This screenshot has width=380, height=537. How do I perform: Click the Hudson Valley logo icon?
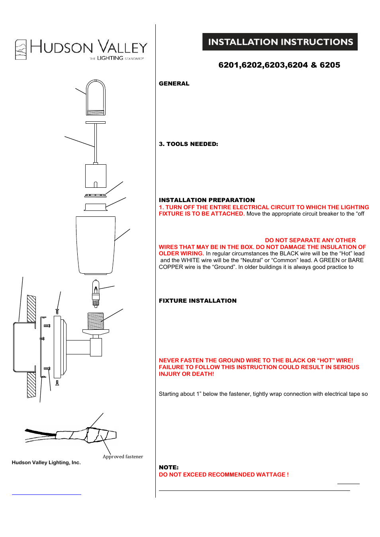click(x=21, y=50)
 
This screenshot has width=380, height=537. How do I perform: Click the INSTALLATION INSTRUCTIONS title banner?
click(x=280, y=42)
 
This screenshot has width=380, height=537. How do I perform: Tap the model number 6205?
click(x=330, y=65)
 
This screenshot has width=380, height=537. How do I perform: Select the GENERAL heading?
click(x=174, y=84)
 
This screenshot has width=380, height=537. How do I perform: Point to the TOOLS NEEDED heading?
click(x=188, y=144)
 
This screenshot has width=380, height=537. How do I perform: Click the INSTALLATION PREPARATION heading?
click(x=207, y=200)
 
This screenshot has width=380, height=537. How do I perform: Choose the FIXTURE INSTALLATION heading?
click(x=198, y=301)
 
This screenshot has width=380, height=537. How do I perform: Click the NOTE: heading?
click(x=168, y=467)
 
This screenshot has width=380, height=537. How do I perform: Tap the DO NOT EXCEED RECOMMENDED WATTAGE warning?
click(x=223, y=475)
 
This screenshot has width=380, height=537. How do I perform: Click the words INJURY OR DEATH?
click(x=186, y=374)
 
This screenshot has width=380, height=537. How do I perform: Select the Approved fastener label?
click(x=123, y=457)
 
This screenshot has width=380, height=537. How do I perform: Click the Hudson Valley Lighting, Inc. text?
click(x=46, y=463)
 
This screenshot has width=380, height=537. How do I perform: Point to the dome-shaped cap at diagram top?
click(x=96, y=97)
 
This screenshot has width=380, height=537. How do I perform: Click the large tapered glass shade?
click(x=96, y=245)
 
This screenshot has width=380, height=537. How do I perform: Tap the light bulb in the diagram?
click(x=96, y=292)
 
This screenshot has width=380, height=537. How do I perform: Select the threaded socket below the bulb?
click(x=96, y=321)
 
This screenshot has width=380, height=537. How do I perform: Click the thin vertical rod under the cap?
click(x=96, y=143)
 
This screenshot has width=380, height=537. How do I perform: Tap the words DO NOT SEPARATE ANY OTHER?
click(x=310, y=240)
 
